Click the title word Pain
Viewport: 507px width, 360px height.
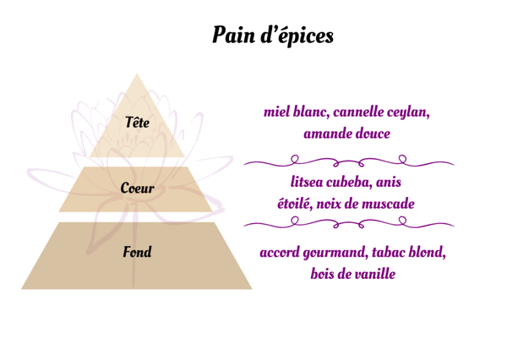click(233, 36)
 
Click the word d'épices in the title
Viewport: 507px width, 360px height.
click(298, 36)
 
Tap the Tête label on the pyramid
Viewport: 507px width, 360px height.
click(137, 123)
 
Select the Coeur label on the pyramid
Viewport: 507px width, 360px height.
click(137, 188)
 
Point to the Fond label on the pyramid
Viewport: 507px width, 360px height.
click(137, 252)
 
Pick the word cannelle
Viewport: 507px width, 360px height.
click(366, 112)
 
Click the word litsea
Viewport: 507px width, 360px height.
click(309, 182)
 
